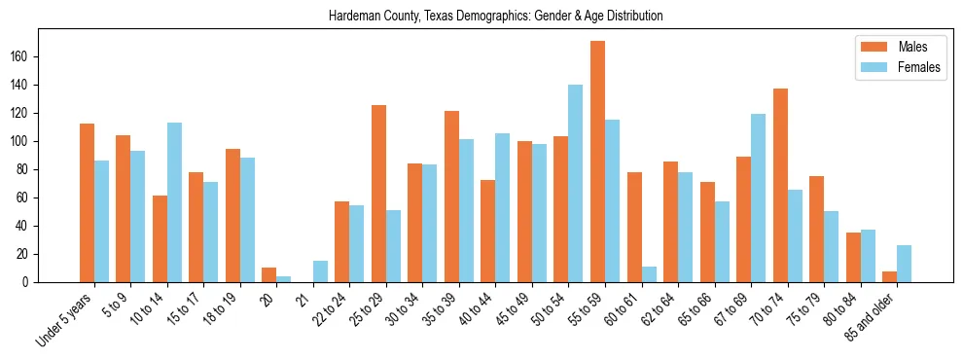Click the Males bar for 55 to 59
click(597, 162)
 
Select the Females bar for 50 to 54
click(576, 184)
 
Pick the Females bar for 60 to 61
click(649, 274)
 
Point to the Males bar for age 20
click(269, 275)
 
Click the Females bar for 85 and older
click(904, 264)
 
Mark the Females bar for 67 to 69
click(758, 198)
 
